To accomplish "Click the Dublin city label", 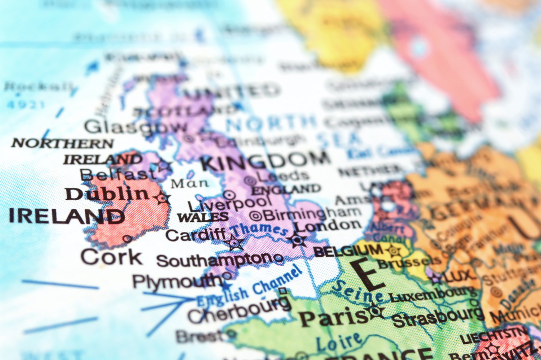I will tap(106, 194).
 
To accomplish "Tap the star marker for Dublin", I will tap(162, 198).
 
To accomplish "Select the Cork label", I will tap(111, 257).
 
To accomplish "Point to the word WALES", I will tap(203, 217).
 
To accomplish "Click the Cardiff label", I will tap(196, 234).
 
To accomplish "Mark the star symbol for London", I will tap(298, 240).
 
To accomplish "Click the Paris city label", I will tap(334, 318).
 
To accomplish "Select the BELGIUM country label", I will tap(348, 251).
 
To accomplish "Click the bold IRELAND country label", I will tap(67, 216).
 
